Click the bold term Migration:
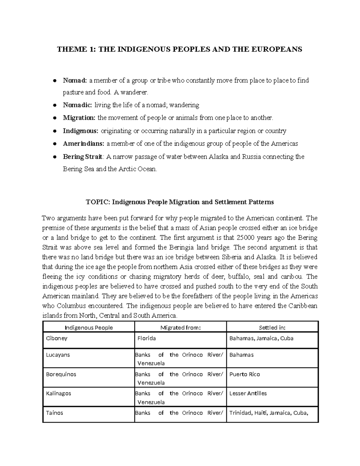click(79, 118)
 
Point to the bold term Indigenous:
click(80, 131)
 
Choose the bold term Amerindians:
click(83, 143)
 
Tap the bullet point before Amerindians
click(55, 144)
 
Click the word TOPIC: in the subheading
click(98, 202)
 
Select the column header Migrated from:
click(180, 327)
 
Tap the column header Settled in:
click(272, 327)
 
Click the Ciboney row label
click(56, 338)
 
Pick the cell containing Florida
click(146, 338)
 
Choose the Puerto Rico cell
click(244, 374)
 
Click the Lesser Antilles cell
click(248, 393)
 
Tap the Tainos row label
click(54, 413)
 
